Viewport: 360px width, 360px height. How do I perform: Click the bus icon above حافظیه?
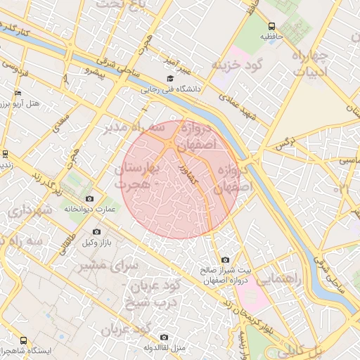point(271,25)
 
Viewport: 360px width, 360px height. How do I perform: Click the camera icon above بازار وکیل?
point(96,231)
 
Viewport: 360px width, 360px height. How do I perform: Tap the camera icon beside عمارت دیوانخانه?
point(108,199)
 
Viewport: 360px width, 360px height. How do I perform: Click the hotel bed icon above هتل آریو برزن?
point(18,93)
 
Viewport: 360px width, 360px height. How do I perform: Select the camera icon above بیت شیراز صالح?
point(225,260)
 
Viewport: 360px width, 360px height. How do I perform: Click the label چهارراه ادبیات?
point(308,64)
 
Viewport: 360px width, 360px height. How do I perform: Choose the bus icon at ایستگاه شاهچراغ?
point(24,340)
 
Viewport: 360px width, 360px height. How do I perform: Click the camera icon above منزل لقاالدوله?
point(164,337)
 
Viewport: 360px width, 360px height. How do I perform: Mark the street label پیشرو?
point(94,70)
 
